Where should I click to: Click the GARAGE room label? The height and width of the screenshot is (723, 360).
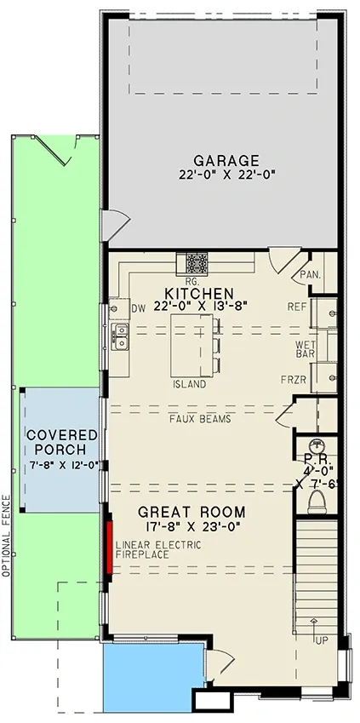tap(226, 160)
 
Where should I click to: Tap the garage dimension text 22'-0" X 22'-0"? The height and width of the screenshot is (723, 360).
tap(226, 175)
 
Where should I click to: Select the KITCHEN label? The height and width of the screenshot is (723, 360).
tap(199, 293)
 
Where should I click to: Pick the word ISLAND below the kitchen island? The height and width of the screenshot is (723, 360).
tap(190, 384)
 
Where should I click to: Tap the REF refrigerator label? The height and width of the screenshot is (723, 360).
tap(297, 307)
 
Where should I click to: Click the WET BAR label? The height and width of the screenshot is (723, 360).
tap(306, 349)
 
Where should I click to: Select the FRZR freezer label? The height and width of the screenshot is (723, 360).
tap(294, 380)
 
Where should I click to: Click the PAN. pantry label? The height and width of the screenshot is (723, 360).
tap(311, 275)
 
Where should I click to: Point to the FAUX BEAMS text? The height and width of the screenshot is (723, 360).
tap(200, 419)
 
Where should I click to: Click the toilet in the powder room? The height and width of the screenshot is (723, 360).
tap(317, 502)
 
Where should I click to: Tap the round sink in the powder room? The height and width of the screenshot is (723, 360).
tap(317, 445)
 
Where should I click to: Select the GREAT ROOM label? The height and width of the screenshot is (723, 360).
tap(191, 512)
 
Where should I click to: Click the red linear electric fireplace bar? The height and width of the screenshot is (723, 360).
tap(110, 548)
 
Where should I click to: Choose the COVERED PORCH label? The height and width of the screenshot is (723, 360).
tap(62, 442)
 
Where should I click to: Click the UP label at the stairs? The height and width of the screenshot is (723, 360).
tap(322, 640)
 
